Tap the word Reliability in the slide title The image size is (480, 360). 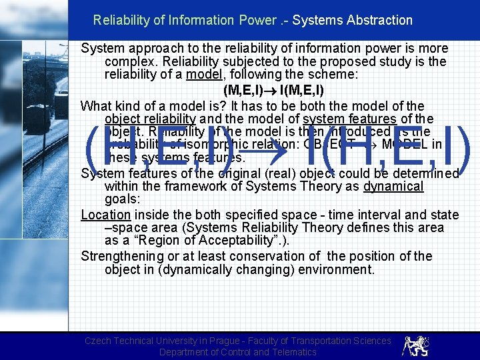point(121,20)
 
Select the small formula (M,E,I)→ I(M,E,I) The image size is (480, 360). point(264,90)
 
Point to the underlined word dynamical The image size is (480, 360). point(393,186)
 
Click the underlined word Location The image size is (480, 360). point(105,215)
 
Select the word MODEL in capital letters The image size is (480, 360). point(410,145)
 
